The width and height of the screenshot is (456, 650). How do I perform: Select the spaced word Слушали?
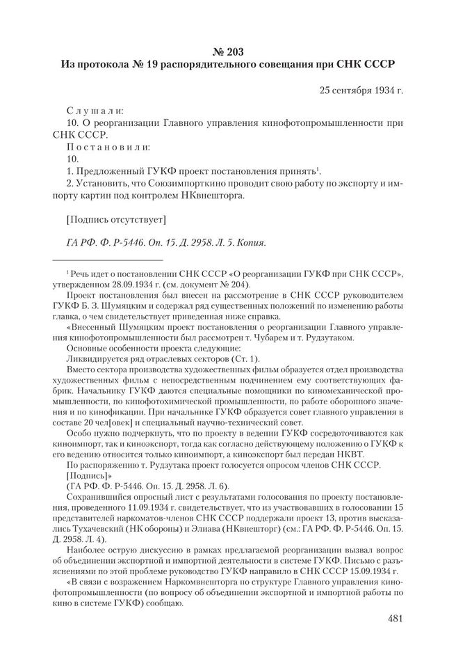point(95,110)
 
